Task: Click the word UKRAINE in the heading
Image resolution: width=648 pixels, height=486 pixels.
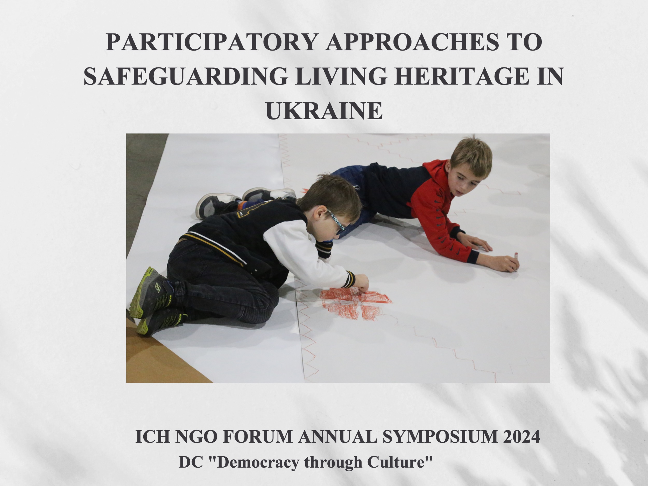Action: coord(324,110)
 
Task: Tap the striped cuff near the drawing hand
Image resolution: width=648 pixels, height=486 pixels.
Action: coord(350,279)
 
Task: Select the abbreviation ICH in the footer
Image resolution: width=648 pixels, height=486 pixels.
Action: coord(152,436)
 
